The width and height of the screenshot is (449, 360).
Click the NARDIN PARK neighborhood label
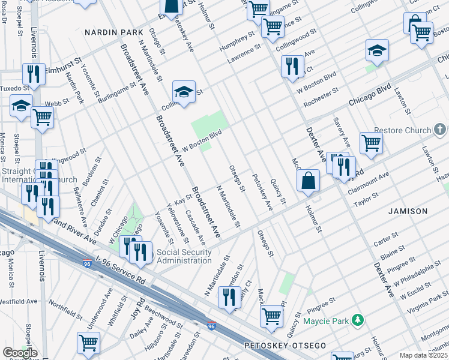coord(114,32)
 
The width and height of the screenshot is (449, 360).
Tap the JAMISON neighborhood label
coord(408,211)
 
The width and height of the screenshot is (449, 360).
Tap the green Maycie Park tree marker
coord(358,320)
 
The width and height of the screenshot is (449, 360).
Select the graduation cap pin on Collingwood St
coord(184,92)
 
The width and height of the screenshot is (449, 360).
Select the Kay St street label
coord(178,200)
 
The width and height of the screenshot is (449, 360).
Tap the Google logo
coord(20,353)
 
